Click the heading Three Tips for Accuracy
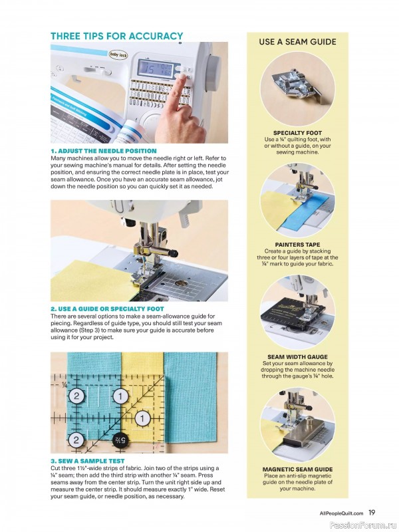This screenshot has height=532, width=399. [x=117, y=36]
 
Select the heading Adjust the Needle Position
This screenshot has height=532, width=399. [x=104, y=151]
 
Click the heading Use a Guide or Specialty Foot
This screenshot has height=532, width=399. [x=107, y=309]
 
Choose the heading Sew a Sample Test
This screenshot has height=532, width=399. [x=88, y=461]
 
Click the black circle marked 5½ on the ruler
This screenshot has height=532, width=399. [x=122, y=440]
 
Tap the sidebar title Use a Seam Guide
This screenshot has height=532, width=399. [x=297, y=42]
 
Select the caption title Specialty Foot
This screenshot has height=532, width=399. [x=297, y=133]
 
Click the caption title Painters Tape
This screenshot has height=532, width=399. [x=297, y=245]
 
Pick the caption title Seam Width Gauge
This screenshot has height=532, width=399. [x=297, y=357]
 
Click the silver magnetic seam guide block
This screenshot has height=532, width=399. [x=300, y=434]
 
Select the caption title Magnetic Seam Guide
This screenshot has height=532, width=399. [x=297, y=469]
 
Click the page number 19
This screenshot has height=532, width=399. [x=372, y=513]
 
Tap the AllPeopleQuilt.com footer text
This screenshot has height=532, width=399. [x=341, y=513]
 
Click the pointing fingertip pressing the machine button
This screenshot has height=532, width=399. [x=182, y=78]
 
